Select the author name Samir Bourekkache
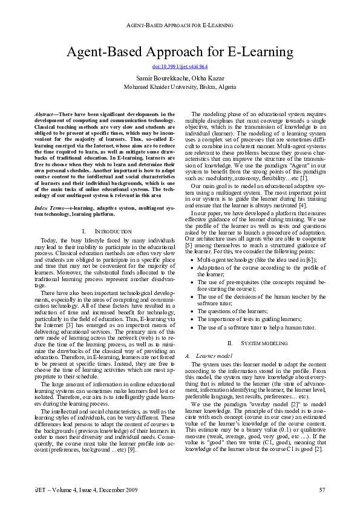[160, 78]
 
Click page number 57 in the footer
[322, 488]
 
